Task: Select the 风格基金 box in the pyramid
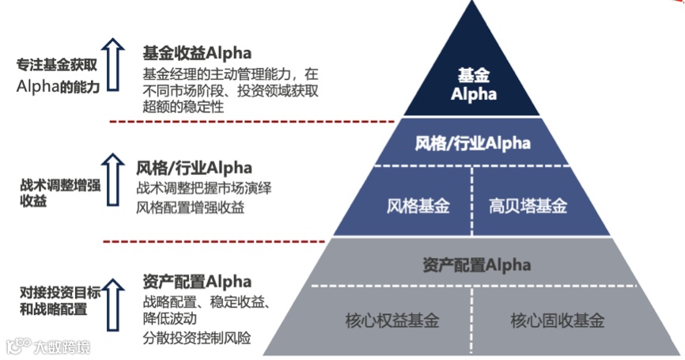pyautogui.click(x=418, y=207)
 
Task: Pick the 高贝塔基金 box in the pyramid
pyautogui.click(x=528, y=207)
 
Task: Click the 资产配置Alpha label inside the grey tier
pyautogui.click(x=473, y=264)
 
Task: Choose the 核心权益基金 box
pyautogui.click(x=392, y=321)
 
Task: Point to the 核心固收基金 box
pyautogui.click(x=557, y=321)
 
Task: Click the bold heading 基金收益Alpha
pyautogui.click(x=197, y=54)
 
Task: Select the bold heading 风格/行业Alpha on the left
pyautogui.click(x=194, y=168)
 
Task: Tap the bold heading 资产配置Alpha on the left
pyautogui.click(x=197, y=282)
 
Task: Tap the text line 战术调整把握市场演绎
pyautogui.click(x=204, y=189)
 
